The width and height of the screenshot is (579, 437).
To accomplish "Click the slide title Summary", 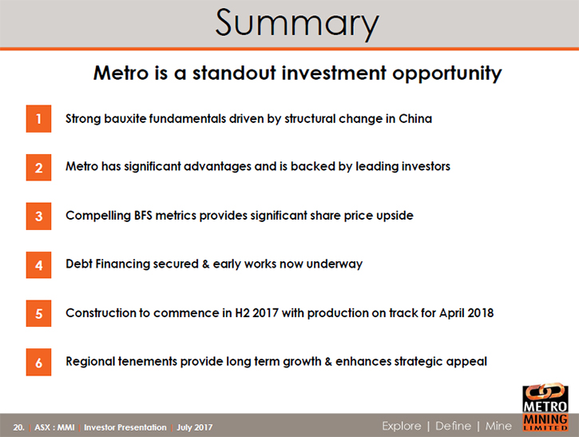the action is [297, 23].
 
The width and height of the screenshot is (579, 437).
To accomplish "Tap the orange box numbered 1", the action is [38, 119].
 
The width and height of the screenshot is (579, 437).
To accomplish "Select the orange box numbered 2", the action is [38, 167].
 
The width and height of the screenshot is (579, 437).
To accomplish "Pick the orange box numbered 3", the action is [38, 216].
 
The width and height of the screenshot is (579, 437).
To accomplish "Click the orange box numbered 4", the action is [38, 265].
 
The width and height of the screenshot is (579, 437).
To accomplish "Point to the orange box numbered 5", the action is [38, 313].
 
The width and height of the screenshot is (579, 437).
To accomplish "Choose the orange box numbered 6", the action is [38, 362].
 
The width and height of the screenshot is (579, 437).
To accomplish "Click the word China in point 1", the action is [415, 118].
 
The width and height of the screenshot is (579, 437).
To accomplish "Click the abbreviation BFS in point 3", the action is [143, 216].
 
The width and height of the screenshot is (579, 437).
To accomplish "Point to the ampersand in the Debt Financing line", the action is [206, 264].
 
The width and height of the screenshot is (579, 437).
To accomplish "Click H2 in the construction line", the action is [242, 313].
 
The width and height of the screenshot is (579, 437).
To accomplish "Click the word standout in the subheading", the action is [234, 73].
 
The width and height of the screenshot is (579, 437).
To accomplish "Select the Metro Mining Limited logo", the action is [545, 407].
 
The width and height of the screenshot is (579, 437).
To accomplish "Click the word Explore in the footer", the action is [402, 426].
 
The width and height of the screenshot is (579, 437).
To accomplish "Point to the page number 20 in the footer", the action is [18, 427].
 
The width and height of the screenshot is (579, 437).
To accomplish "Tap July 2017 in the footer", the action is [195, 427].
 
